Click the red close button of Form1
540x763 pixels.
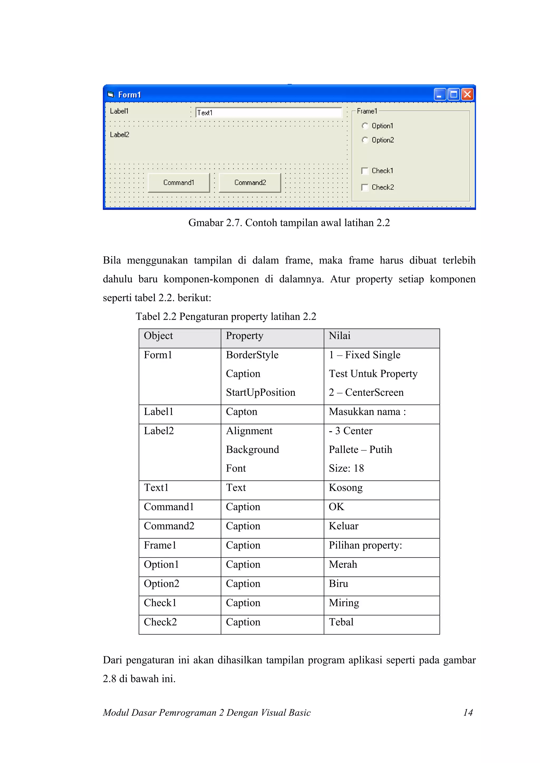click(467, 95)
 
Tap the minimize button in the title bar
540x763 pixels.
click(439, 95)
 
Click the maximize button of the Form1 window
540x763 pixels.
click(453, 95)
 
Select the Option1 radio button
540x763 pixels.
click(365, 126)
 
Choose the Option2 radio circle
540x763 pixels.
click(365, 140)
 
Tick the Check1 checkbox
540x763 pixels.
click(365, 171)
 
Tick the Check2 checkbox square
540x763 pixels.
click(365, 188)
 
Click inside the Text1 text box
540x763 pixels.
click(268, 113)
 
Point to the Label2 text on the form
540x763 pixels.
click(119, 135)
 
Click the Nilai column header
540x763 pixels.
click(339, 336)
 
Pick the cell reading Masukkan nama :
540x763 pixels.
click(367, 412)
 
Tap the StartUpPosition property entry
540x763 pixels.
click(260, 392)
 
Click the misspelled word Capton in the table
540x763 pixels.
click(241, 412)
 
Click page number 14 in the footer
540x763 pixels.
click(468, 712)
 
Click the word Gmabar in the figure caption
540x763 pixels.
click(205, 223)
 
